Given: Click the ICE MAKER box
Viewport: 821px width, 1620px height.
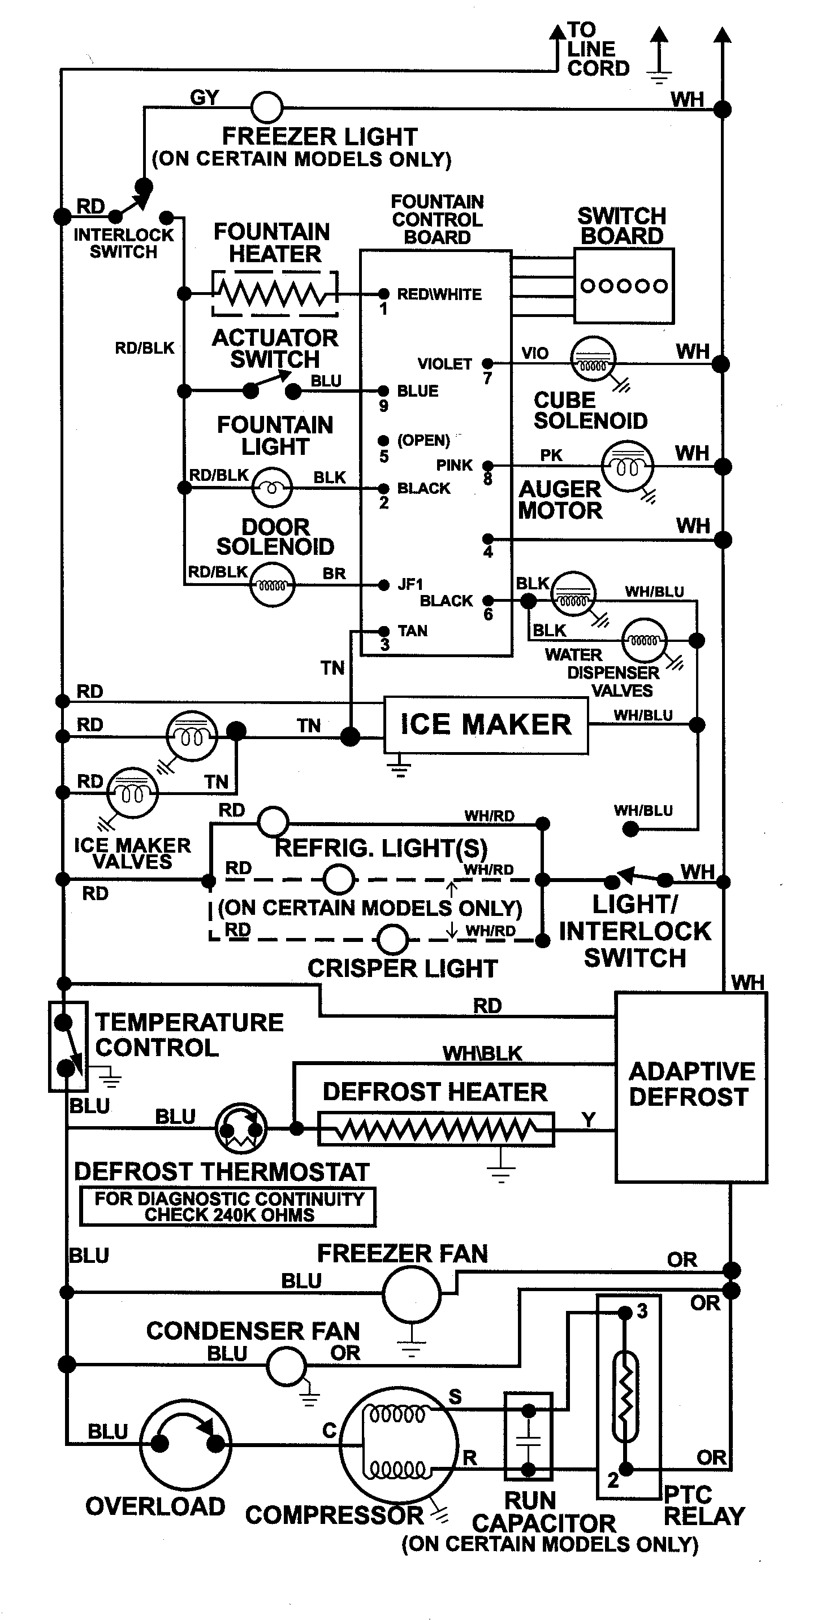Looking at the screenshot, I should click(x=486, y=724).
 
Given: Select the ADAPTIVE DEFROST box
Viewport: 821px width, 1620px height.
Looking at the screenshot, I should click(x=690, y=1086).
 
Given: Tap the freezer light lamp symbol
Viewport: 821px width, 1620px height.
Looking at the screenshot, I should click(x=267, y=107).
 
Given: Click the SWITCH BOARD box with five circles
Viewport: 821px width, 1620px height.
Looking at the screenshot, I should click(x=624, y=286).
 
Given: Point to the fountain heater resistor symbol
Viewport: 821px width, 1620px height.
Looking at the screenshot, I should click(x=274, y=294).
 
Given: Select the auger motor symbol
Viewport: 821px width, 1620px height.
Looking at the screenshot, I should click(x=627, y=466).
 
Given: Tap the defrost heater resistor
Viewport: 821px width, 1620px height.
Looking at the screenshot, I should click(x=435, y=1130).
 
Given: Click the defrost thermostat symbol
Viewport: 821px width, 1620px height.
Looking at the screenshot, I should click(x=240, y=1129).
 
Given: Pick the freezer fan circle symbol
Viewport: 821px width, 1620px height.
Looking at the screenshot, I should click(x=412, y=1294).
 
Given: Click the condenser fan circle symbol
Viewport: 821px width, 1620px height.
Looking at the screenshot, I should click(x=286, y=1366).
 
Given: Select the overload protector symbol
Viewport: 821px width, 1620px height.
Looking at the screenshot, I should click(x=185, y=1444).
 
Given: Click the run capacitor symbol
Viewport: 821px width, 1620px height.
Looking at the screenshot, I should click(x=529, y=1436).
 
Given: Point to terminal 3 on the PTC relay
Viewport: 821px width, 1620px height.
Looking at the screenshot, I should click(x=625, y=1313).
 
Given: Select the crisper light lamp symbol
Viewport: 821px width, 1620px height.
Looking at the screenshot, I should click(x=392, y=940).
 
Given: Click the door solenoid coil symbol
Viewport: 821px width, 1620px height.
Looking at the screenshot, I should click(x=272, y=585).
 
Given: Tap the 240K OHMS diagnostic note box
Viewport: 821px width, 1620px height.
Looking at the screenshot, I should click(x=228, y=1207).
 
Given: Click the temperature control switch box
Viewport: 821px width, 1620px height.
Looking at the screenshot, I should click(x=67, y=1046).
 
